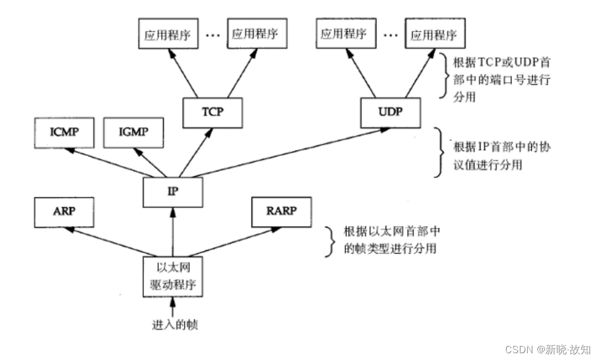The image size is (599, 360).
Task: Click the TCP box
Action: pos(212,111)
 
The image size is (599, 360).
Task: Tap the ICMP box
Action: pos(63,133)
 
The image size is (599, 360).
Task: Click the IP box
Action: pos(173,192)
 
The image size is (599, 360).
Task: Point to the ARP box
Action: pos(63,212)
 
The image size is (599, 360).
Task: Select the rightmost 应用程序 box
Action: pos(433,35)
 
